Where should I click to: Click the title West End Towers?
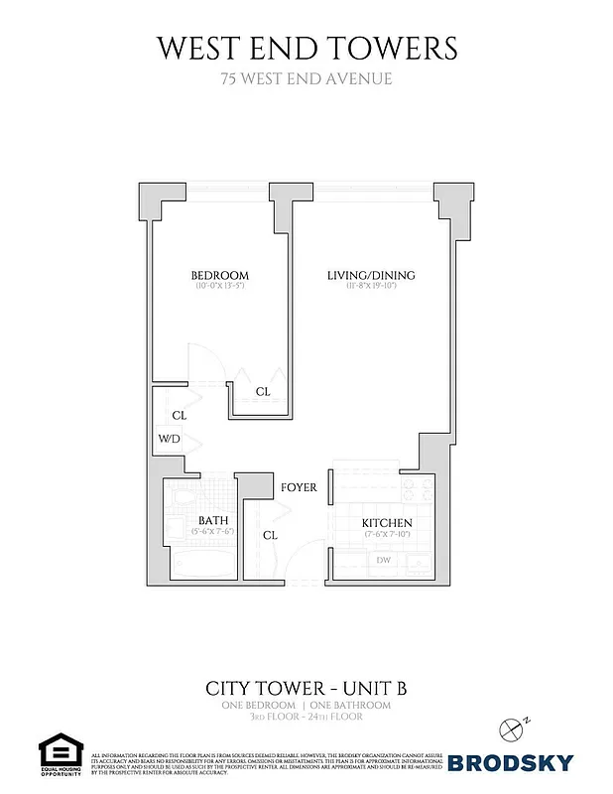(x=306, y=47)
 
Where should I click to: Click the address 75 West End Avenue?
(x=306, y=78)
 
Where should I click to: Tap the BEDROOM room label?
(x=219, y=275)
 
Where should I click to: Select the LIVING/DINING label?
(x=371, y=275)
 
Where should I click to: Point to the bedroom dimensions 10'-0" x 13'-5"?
(x=219, y=287)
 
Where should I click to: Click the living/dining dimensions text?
(x=371, y=287)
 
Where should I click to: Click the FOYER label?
(x=299, y=487)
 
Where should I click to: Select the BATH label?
(x=213, y=520)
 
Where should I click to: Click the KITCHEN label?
(x=387, y=523)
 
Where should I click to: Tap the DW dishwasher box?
(x=383, y=561)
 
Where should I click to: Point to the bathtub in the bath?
(x=201, y=563)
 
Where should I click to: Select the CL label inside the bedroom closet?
(x=263, y=391)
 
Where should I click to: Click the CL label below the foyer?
(x=270, y=535)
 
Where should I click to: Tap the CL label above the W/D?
(x=180, y=415)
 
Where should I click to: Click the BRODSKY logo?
(x=510, y=762)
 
